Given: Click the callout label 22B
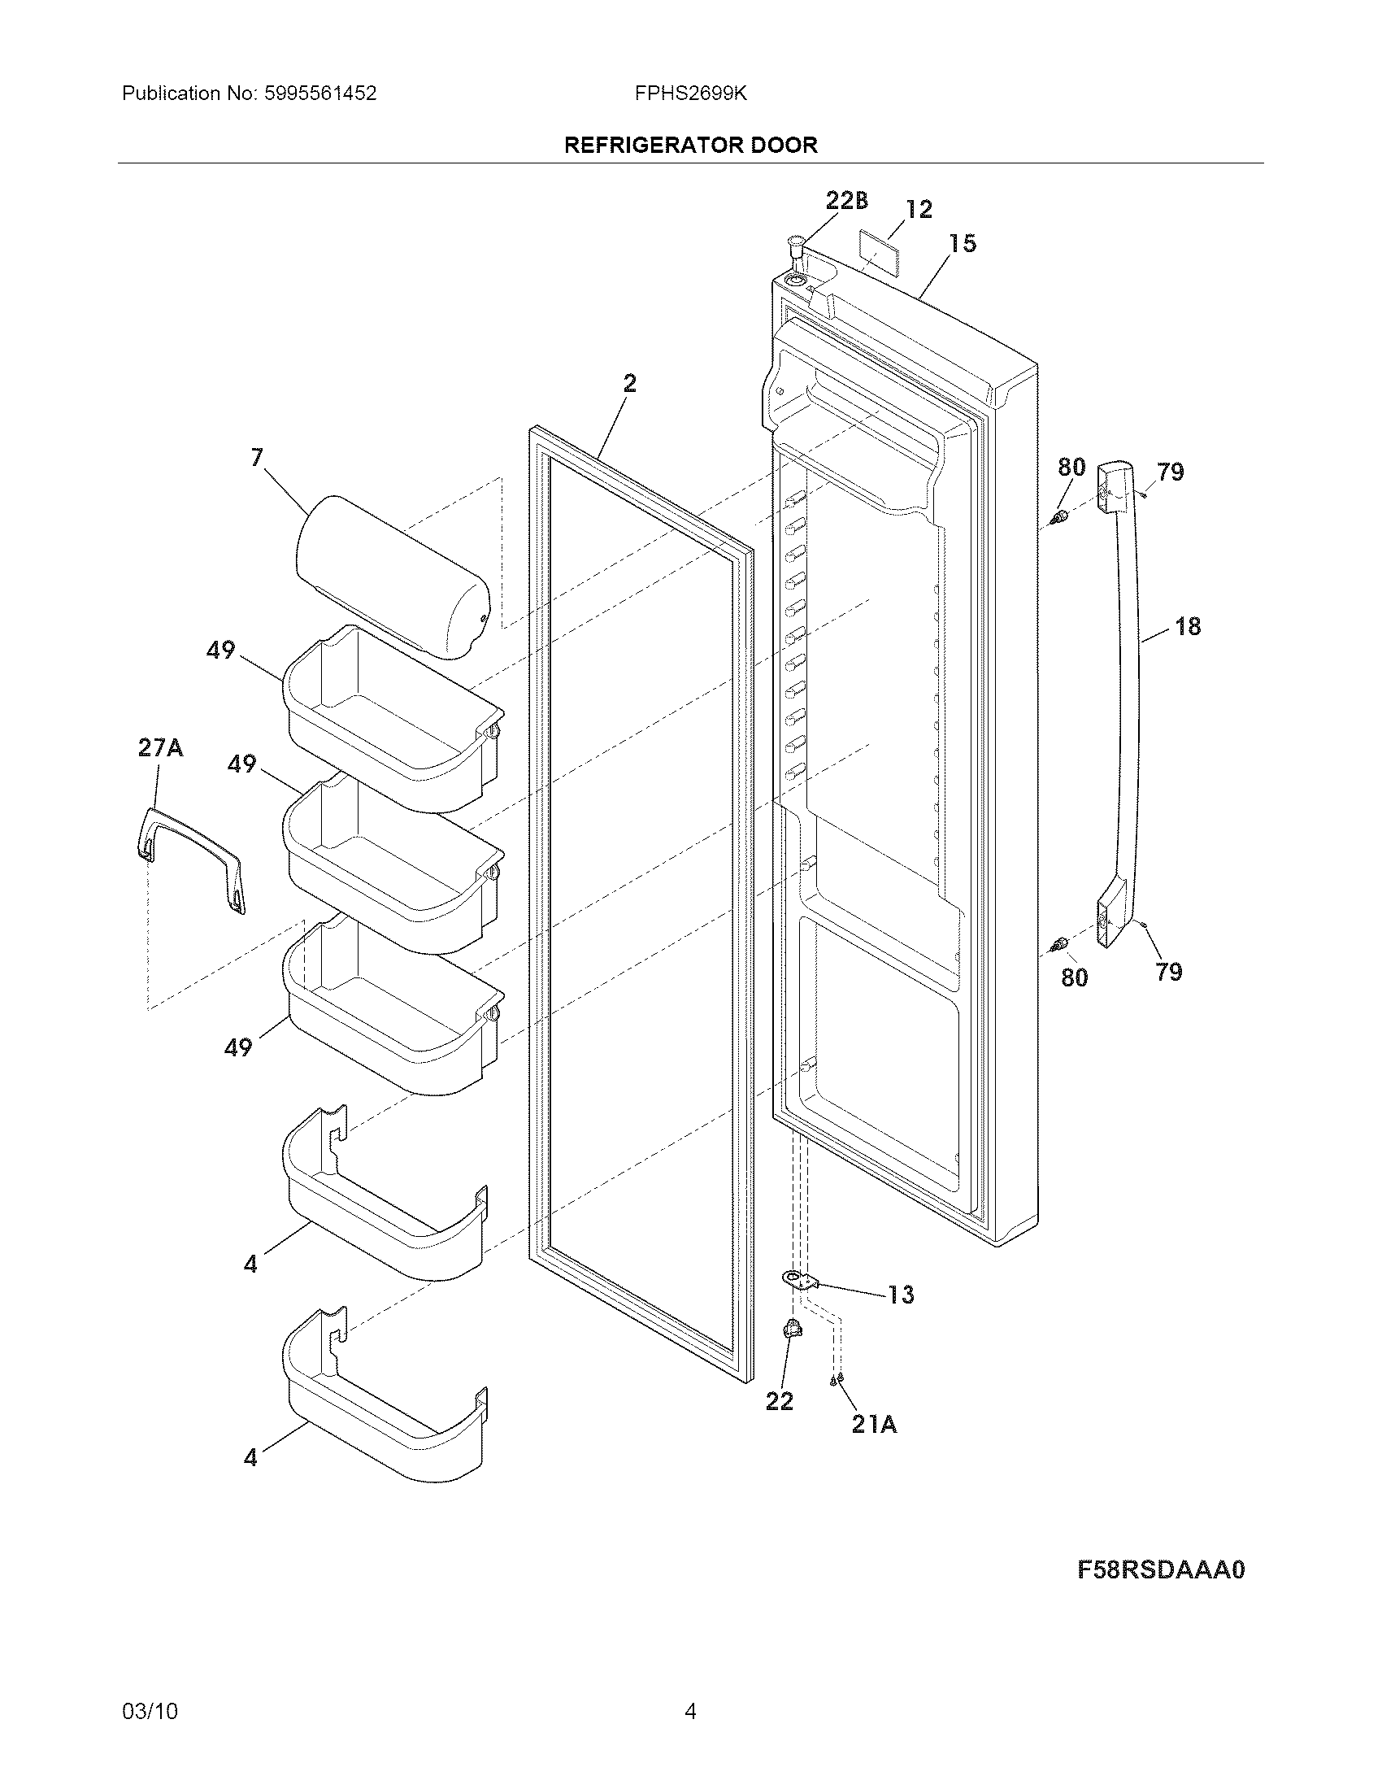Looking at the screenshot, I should pyautogui.click(x=846, y=200).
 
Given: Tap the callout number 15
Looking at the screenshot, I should pyautogui.click(x=963, y=243).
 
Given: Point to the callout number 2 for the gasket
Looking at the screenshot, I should pyautogui.click(x=628, y=383).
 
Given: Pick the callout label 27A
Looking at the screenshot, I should pyautogui.click(x=160, y=748).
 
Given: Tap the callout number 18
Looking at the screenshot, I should pyautogui.click(x=1187, y=627).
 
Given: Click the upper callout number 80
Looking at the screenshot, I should pyautogui.click(x=1071, y=468).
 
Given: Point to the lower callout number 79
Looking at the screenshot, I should pyautogui.click(x=1169, y=972).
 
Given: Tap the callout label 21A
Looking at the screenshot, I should pyautogui.click(x=874, y=1426).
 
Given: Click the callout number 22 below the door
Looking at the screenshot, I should pyautogui.click(x=780, y=1402).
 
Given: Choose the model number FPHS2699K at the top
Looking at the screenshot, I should pyautogui.click(x=690, y=94).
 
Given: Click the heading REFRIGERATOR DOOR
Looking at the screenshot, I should pyautogui.click(x=690, y=146).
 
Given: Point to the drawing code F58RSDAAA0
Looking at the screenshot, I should pyautogui.click(x=1160, y=1570).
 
